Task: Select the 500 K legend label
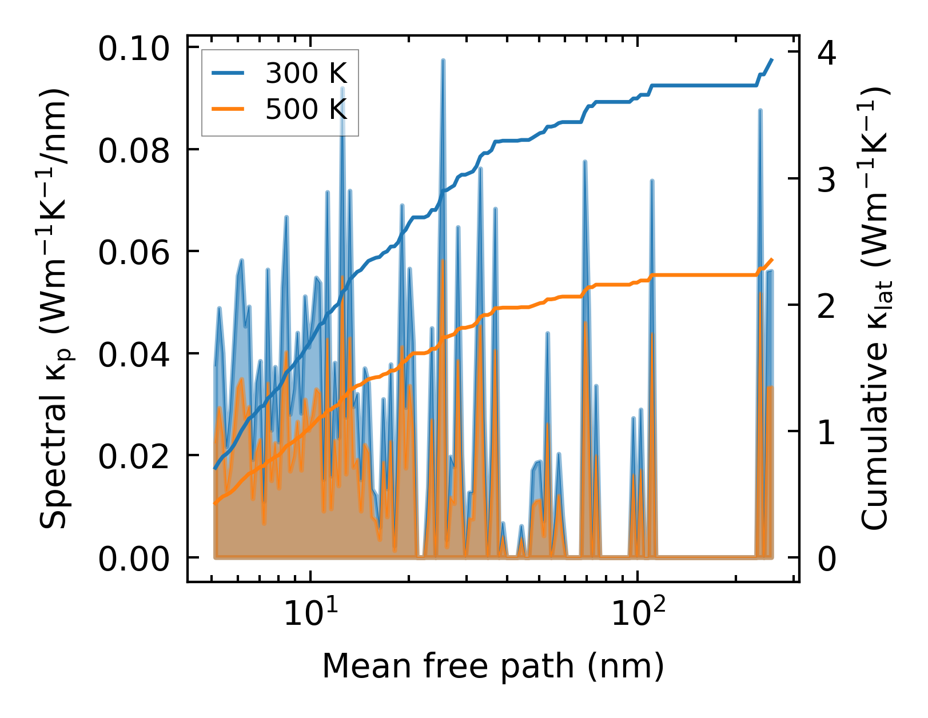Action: coord(306,109)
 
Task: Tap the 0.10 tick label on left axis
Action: coord(134,49)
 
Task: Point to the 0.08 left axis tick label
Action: coord(134,151)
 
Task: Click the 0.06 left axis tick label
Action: coord(134,253)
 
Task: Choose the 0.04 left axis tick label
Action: coord(134,354)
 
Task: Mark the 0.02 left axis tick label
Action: coord(134,456)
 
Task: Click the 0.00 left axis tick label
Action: coord(134,559)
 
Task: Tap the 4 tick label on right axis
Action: coord(827,53)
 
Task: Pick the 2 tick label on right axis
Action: coord(827,306)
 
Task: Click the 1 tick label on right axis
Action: coord(827,433)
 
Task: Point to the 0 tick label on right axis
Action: coord(827,559)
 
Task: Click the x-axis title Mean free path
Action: coord(493,667)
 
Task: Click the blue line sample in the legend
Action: coord(228,73)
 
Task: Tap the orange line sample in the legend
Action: coord(228,109)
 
